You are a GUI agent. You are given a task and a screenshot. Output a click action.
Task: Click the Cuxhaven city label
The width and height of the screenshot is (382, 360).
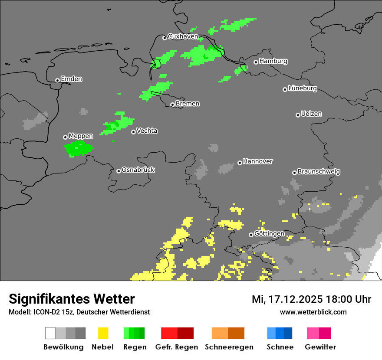(183, 37)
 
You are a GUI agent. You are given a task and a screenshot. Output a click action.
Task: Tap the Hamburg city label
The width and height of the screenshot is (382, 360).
(273, 61)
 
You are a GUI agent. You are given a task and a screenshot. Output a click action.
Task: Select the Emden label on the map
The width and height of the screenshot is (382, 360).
(71, 79)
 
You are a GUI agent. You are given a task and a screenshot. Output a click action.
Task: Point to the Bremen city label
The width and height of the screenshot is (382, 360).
(188, 104)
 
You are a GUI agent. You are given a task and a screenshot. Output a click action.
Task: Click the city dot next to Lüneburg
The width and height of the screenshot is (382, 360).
(285, 89)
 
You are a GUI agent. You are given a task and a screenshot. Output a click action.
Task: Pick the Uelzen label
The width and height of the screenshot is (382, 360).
(311, 114)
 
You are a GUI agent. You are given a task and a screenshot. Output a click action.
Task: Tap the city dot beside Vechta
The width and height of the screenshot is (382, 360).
(133, 132)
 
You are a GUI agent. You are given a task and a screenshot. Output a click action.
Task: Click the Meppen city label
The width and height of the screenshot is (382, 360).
(81, 136)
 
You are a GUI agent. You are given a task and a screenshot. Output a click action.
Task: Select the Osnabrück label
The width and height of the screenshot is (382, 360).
(138, 170)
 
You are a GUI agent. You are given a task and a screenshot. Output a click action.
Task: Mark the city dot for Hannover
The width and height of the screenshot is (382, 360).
(240, 163)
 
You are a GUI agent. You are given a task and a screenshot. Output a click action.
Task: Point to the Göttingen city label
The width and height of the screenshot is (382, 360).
(269, 234)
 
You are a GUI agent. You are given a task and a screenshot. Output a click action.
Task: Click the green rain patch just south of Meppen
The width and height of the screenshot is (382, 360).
(79, 148)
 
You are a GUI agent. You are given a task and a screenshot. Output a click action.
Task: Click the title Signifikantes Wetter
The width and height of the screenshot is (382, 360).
(72, 299)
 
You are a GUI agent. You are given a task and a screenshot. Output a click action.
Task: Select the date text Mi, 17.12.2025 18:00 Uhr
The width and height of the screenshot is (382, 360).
(311, 299)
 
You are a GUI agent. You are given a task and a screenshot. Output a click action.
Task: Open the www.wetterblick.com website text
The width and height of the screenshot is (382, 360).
(313, 312)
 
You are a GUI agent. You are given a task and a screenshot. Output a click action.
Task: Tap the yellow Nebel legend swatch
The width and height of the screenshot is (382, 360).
(103, 333)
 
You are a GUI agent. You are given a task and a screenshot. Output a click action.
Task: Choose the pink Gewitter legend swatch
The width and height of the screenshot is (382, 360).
(319, 333)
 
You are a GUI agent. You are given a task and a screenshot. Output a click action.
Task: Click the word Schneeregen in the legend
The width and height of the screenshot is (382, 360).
(229, 347)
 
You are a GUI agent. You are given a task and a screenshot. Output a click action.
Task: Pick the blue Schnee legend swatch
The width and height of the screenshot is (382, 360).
(280, 333)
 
